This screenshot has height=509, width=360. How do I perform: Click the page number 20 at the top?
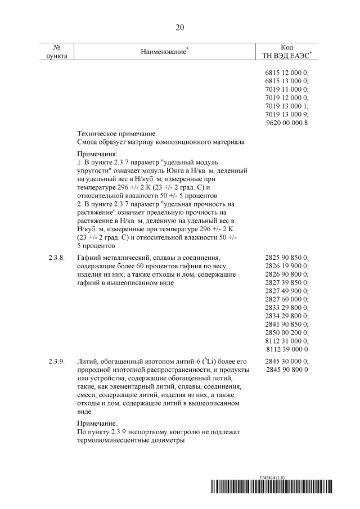(180, 27)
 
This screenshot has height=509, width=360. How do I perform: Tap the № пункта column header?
(57, 52)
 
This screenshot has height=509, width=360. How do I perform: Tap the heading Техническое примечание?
(117, 134)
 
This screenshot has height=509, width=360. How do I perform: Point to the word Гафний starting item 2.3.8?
(89, 257)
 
